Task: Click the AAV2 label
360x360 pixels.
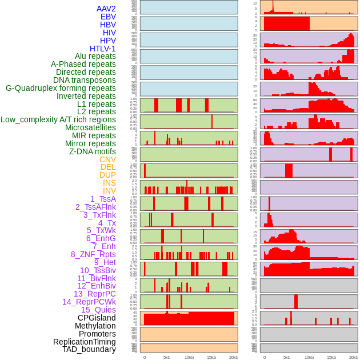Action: click(106, 9)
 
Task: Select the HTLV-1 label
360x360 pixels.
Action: click(102, 49)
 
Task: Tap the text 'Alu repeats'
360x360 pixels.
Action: click(95, 56)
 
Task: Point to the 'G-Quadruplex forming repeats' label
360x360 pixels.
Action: click(61, 88)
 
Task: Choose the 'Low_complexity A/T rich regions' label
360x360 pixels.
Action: click(58, 119)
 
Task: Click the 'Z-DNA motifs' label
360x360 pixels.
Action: click(92, 151)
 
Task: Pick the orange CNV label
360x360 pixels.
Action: click(107, 159)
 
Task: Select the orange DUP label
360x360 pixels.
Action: click(107, 175)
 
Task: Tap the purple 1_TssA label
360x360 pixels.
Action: click(103, 199)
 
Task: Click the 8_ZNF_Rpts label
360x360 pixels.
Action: click(93, 254)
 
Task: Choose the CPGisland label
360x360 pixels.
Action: click(97, 318)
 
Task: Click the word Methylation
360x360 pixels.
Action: click(95, 326)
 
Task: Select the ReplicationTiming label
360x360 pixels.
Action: click(84, 342)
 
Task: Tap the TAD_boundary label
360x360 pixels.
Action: click(89, 349)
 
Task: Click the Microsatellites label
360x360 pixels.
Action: click(90, 127)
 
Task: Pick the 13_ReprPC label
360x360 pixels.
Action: click(94, 294)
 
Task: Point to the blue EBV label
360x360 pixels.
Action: click(108, 17)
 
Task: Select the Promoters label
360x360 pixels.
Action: click(97, 334)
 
